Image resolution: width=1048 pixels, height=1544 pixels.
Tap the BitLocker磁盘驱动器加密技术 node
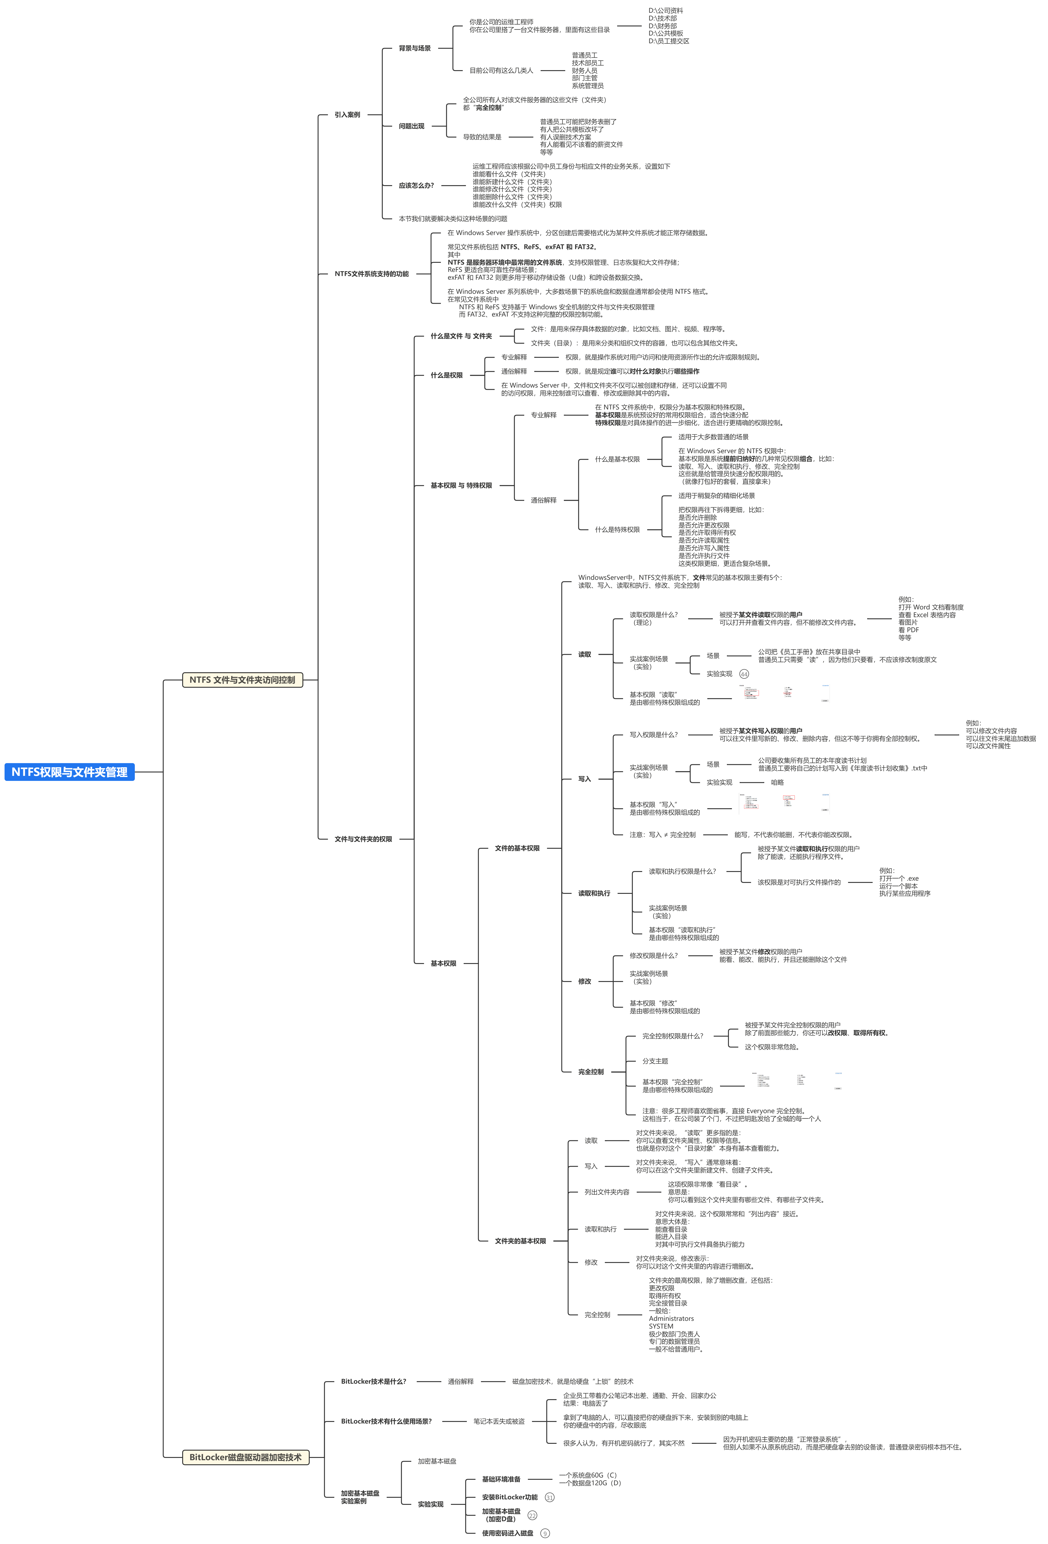245,1457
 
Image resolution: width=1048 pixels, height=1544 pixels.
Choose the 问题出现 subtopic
411,126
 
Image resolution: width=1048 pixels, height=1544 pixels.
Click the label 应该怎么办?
416,185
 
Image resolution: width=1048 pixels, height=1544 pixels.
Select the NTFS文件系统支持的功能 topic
371,274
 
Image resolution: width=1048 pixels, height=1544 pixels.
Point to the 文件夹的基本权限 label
520,1241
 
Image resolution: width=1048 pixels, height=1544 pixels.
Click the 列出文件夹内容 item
607,1192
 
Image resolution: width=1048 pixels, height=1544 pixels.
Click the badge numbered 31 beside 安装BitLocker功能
550,1498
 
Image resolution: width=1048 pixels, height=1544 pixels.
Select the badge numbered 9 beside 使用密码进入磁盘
545,1533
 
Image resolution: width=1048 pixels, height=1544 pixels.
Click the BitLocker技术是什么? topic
373,1381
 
